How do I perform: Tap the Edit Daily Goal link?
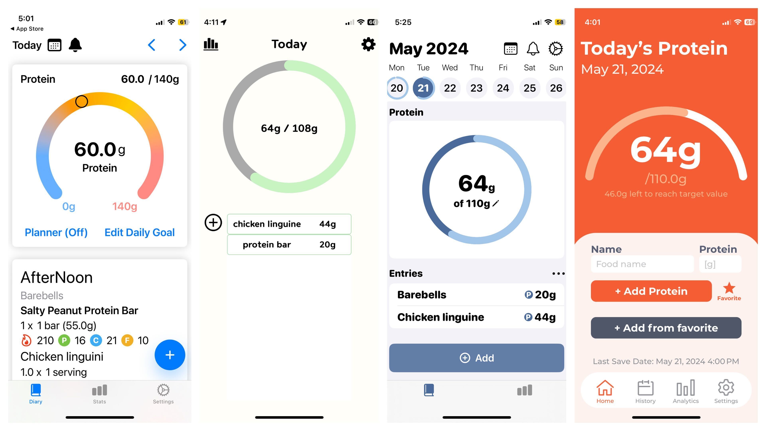click(139, 232)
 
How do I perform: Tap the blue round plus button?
click(170, 355)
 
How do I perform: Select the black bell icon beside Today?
click(75, 45)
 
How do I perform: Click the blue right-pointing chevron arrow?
click(183, 45)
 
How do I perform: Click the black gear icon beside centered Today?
click(368, 44)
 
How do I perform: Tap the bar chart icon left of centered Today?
click(211, 44)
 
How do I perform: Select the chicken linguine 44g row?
click(289, 224)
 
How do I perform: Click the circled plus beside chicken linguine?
click(213, 222)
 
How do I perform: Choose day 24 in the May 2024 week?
click(503, 88)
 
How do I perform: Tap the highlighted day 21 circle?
click(423, 88)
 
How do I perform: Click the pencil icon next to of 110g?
click(496, 204)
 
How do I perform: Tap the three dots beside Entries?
click(558, 273)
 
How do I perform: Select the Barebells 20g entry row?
click(476, 295)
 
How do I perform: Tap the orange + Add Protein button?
click(651, 291)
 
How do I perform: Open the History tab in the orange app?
click(645, 392)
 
